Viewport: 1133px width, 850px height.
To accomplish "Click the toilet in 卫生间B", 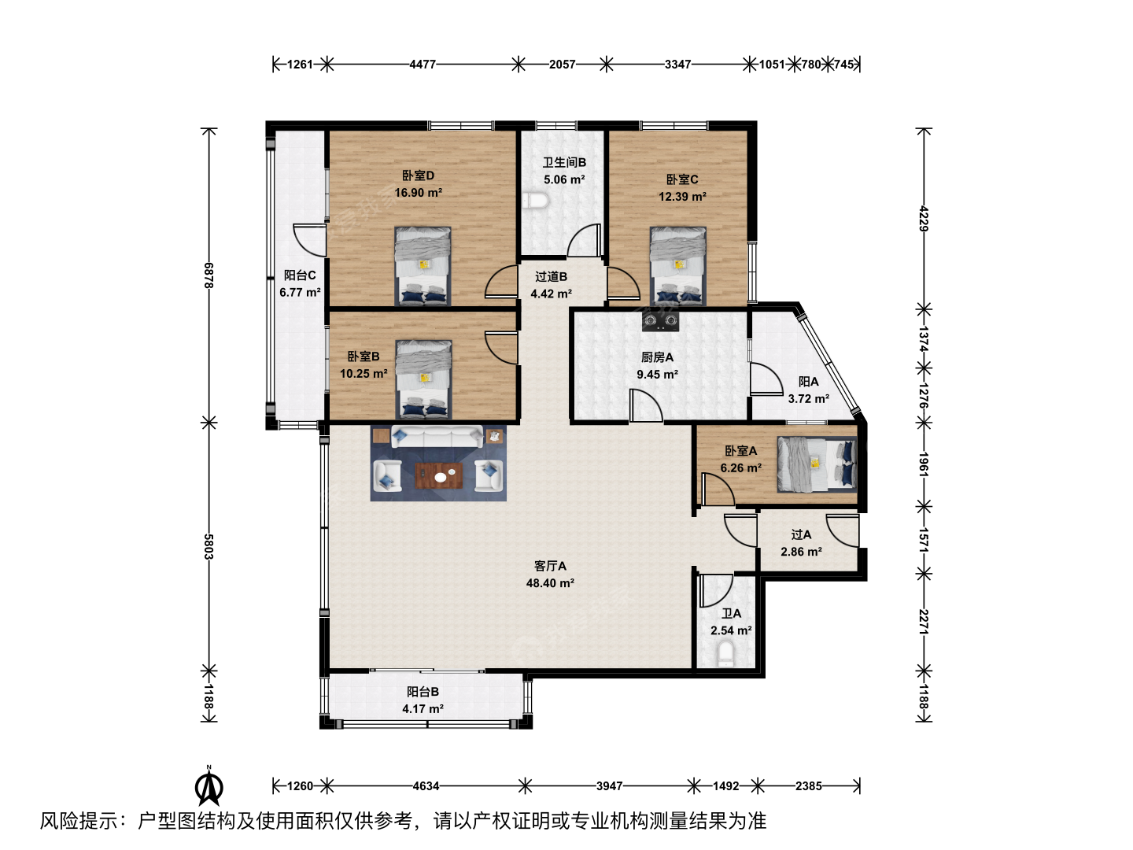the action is click(x=535, y=201).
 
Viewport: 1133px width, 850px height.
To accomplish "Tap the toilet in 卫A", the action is click(x=725, y=653).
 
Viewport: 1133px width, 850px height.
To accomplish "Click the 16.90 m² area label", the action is click(x=418, y=193).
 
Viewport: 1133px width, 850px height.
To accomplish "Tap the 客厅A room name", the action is click(x=550, y=566).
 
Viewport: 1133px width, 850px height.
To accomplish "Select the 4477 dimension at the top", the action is click(x=423, y=65).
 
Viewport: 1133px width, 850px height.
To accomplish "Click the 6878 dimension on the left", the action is click(x=209, y=275).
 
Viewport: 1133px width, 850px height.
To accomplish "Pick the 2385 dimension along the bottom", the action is click(x=808, y=786).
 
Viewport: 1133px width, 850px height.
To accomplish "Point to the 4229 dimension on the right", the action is click(x=924, y=219).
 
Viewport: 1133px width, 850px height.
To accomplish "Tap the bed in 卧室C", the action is click(x=677, y=266).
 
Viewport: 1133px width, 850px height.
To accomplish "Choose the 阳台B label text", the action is click(x=423, y=692).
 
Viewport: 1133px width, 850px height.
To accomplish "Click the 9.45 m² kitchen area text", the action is click(x=657, y=375).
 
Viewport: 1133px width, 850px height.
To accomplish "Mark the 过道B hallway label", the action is click(x=551, y=277).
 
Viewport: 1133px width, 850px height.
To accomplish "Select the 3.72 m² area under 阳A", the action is click(x=808, y=399).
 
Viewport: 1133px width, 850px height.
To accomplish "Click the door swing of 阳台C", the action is click(x=308, y=241).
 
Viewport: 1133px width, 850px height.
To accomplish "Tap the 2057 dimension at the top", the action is click(x=562, y=65).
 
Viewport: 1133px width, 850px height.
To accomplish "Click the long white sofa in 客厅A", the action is click(x=437, y=436).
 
